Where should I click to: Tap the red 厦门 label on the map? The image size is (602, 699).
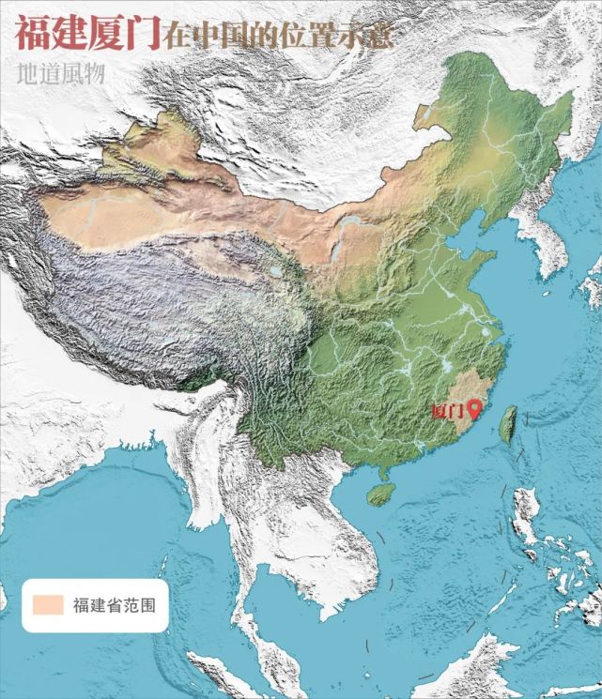[448, 410]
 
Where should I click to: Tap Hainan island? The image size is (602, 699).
[379, 494]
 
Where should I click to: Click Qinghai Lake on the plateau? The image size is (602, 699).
[274, 273]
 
